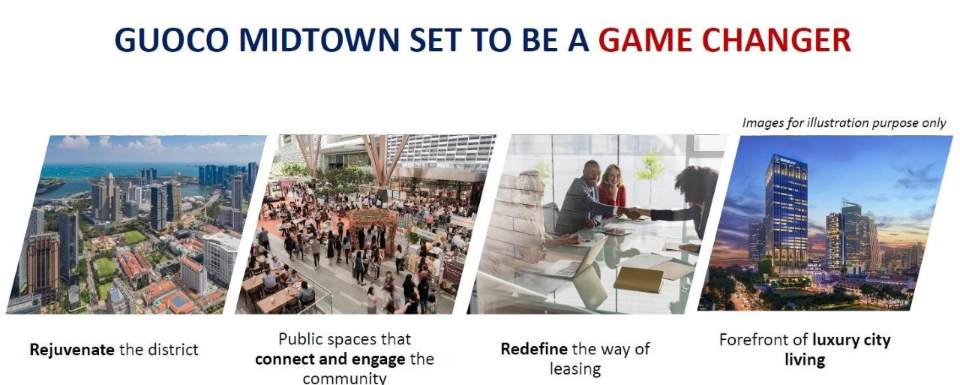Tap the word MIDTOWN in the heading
point(319,40)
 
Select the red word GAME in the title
point(646,40)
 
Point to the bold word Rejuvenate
point(72,350)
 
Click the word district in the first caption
point(172,350)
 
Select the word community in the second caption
point(344,378)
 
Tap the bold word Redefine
point(534,348)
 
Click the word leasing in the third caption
point(575,368)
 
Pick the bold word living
point(805,359)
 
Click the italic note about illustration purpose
point(844,123)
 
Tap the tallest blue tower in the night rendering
point(787,210)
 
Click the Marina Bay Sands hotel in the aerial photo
point(148,175)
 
